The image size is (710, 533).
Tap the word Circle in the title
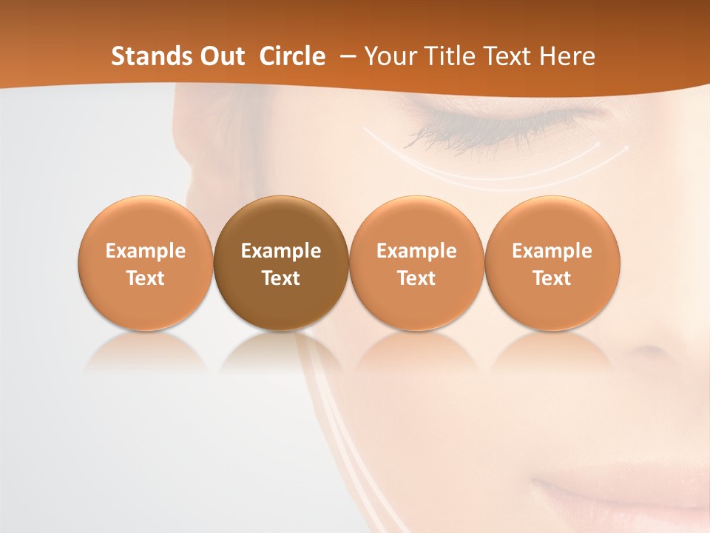(292, 56)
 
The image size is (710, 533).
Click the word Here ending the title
(567, 56)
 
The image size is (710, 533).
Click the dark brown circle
(281, 264)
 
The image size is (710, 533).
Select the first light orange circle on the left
(146, 264)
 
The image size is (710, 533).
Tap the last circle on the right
(552, 264)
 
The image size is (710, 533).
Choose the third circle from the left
(416, 264)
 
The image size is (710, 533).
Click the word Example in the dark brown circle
(281, 251)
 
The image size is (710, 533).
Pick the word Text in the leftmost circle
(146, 278)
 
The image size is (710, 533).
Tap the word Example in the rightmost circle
(552, 251)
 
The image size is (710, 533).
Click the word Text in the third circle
(416, 278)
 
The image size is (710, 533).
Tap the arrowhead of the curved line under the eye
(626, 147)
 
